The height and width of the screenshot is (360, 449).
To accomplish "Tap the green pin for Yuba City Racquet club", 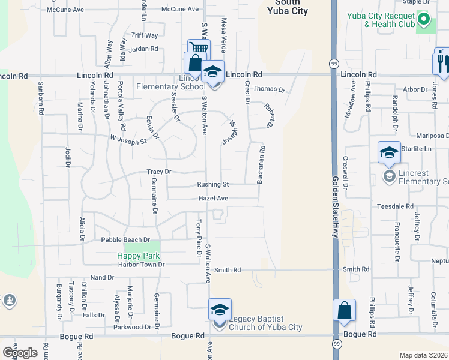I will [424, 20].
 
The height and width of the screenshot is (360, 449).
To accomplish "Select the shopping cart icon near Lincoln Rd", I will [199, 49].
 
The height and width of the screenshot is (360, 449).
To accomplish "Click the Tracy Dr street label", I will [159, 172].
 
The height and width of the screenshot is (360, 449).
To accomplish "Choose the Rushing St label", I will [213, 185].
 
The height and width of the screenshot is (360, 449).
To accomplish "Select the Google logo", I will [20, 353].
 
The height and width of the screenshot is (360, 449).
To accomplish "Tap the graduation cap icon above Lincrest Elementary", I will [389, 152].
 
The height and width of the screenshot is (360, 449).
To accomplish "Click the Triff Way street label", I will [144, 36].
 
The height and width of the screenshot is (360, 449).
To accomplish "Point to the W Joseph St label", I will [128, 140].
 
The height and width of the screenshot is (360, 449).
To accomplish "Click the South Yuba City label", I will [288, 7].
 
